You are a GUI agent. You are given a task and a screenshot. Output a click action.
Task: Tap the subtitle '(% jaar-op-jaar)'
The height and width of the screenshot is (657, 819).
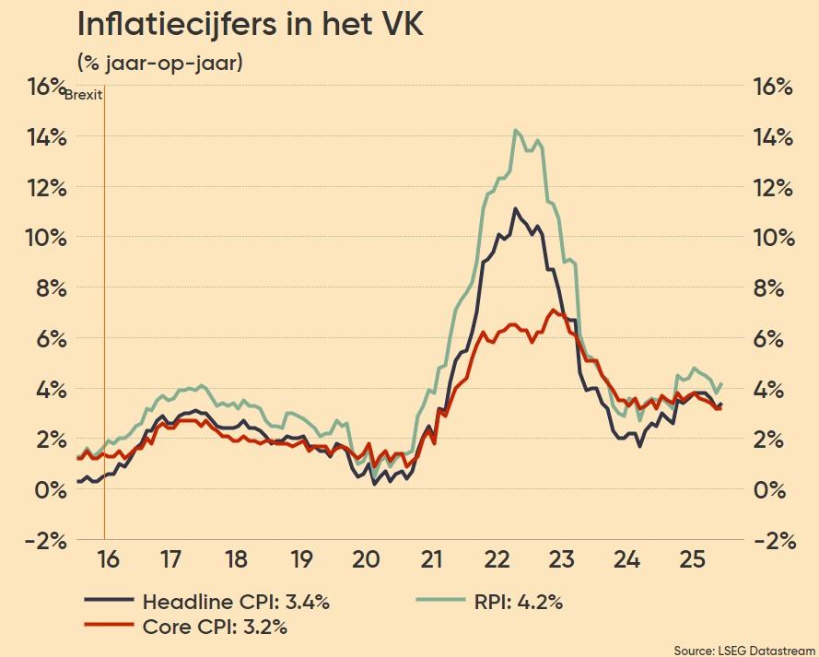coord(159,64)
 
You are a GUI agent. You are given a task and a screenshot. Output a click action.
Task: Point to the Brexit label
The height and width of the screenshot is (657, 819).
coord(84,95)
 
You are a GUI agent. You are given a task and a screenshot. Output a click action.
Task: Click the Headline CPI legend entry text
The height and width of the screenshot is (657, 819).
coord(236,603)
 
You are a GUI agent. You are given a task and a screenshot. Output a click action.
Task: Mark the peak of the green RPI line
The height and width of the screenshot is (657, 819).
coord(516,130)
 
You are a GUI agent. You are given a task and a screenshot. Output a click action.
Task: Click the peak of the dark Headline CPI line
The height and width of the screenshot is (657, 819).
coord(515,209)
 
